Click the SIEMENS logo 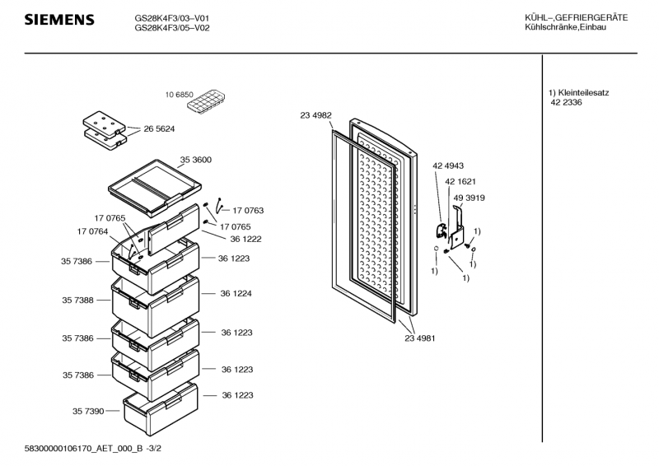(x=58, y=20)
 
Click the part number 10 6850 (x=180, y=95)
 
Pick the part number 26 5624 (x=159, y=129)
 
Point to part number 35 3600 (x=196, y=159)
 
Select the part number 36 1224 (x=235, y=293)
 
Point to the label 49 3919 (x=468, y=198)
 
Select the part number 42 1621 (x=460, y=181)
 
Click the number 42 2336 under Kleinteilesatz (x=567, y=102)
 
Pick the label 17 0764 (x=92, y=231)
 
